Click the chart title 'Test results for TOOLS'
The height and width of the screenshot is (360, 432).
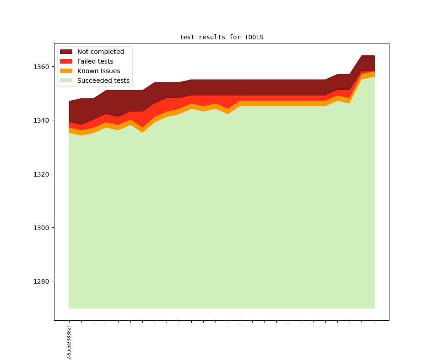221,37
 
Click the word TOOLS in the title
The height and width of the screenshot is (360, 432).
254,37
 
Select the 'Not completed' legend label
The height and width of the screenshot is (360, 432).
100,52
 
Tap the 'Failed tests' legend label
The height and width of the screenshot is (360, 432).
95,61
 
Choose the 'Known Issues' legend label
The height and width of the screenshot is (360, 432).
98,71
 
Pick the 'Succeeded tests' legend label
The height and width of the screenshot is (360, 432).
103,81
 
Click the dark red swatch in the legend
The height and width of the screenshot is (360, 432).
66,52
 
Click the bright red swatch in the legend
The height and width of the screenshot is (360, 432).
66,61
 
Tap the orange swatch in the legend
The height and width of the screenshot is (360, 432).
66,71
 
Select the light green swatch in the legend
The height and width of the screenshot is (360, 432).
66,81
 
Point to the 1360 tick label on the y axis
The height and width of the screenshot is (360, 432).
41,67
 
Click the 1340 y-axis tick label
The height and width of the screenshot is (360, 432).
41,120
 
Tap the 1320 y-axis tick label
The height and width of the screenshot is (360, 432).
41,174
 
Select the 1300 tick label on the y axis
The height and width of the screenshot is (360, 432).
41,228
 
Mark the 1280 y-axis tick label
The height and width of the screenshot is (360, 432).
41,281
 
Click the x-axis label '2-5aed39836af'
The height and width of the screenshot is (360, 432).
69,343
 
